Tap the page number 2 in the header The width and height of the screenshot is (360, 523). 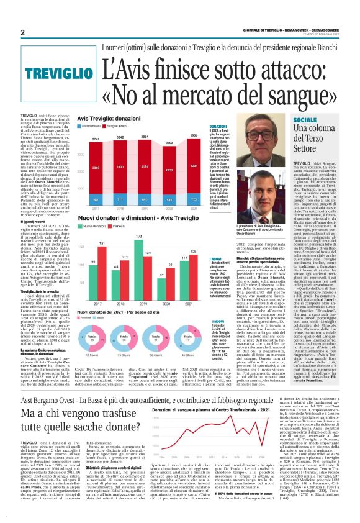pyautogui.click(x=22, y=32)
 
